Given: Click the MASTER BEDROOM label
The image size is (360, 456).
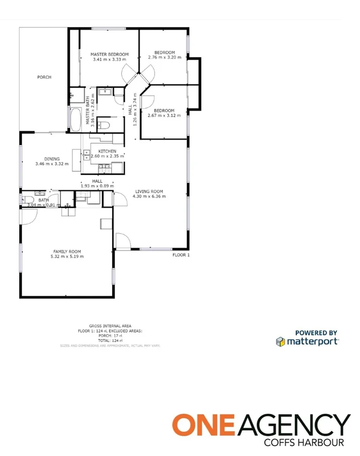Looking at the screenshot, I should (x=110, y=54).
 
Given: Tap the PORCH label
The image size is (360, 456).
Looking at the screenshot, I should (x=44, y=77).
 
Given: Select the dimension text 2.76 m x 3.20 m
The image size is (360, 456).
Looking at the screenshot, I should (x=164, y=57).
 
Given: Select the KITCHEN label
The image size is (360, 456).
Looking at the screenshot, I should (x=107, y=151).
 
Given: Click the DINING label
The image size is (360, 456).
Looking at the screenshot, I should (x=52, y=159).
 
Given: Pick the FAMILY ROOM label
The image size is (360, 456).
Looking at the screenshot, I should (x=67, y=251).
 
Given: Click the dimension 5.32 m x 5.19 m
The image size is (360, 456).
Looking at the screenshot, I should (x=67, y=256).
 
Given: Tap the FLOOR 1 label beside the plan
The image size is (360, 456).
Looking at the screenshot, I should (x=181, y=255).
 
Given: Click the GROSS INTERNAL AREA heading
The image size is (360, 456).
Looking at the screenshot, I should (x=110, y=326).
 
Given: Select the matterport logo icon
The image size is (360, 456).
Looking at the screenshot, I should (x=280, y=342).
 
